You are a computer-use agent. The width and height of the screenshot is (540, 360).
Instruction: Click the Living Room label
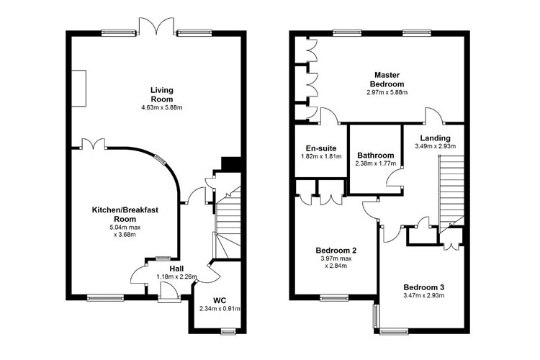162,95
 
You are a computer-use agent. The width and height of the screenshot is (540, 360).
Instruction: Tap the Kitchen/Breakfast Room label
125,215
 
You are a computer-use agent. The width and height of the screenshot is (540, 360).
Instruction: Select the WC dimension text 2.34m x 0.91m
220,309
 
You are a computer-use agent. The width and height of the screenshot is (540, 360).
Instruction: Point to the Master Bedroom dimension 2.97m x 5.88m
387,92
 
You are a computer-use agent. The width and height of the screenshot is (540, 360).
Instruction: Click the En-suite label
321,148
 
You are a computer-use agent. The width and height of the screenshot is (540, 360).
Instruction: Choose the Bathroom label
375,156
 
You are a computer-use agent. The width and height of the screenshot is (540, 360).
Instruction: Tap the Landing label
436,138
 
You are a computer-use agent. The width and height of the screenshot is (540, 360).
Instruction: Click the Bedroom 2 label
336,250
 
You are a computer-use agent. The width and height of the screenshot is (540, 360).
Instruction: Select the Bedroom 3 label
423,287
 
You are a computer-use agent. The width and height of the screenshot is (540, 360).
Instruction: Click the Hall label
176,269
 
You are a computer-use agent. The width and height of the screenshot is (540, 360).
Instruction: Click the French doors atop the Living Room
156,26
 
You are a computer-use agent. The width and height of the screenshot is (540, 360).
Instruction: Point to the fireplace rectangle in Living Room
79,88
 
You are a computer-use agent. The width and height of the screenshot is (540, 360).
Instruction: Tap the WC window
228,331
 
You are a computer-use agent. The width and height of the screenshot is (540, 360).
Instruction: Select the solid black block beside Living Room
230,163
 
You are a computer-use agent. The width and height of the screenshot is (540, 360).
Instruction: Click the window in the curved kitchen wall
160,160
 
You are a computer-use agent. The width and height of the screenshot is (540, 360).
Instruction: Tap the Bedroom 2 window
334,297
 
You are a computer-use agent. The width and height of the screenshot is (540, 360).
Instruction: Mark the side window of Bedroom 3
376,316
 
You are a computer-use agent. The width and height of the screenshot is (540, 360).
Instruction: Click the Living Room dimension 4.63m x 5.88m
162,107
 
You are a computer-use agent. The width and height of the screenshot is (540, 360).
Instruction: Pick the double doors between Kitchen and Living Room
94,144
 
